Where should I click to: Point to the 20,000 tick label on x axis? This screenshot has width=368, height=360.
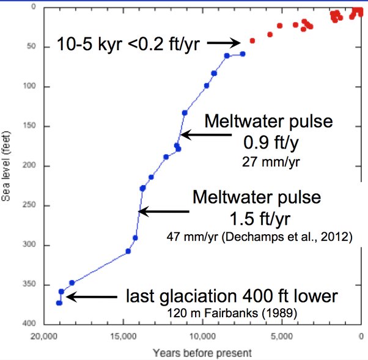(x=43, y=334)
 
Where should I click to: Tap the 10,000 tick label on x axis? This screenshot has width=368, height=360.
(x=203, y=334)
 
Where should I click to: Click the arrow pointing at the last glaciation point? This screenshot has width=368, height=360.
(x=91, y=297)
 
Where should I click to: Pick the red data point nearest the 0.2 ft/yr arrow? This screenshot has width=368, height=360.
(x=252, y=40)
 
